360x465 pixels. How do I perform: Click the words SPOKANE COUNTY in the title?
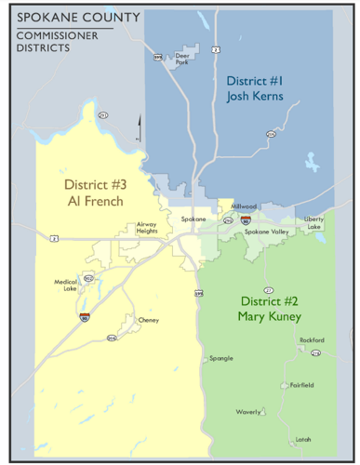click(78, 18)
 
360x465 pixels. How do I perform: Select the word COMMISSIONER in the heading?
click(56, 35)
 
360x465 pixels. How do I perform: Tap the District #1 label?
click(254, 81)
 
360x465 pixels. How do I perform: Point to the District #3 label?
click(95, 184)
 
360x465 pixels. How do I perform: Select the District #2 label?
click(270, 301)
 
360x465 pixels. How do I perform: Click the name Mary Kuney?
click(270, 316)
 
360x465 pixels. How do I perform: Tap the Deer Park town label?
click(181, 58)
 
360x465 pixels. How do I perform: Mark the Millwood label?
click(245, 206)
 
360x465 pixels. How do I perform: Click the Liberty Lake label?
click(314, 223)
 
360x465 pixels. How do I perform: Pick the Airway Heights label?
click(147, 227)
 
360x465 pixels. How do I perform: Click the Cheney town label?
click(149, 321)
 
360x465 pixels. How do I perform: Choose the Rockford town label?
click(312, 340)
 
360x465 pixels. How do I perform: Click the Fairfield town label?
click(301, 384)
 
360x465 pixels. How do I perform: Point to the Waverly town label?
click(247, 411)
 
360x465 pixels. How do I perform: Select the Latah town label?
click(302, 439)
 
